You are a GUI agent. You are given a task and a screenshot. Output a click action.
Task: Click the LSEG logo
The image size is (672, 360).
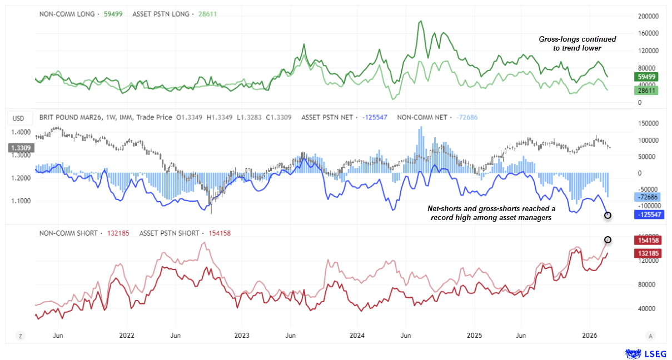click(646, 353)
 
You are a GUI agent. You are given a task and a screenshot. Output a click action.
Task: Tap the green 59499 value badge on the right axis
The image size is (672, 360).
click(646, 77)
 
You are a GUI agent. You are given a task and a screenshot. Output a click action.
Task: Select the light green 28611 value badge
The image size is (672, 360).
click(646, 89)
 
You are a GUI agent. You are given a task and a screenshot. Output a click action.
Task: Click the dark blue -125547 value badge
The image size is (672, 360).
click(648, 214)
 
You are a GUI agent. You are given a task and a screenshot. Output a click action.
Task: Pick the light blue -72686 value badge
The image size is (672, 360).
click(646, 197)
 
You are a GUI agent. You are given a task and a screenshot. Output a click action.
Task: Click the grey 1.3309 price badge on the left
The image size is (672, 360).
click(21, 148)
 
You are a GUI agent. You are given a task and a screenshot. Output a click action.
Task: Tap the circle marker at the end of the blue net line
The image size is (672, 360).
click(608, 215)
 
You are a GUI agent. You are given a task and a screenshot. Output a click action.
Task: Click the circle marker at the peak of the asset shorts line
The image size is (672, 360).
click(608, 239)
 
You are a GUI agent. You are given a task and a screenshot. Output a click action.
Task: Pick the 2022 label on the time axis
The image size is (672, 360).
click(127, 336)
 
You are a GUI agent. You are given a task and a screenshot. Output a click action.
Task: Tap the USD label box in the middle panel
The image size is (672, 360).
click(18, 118)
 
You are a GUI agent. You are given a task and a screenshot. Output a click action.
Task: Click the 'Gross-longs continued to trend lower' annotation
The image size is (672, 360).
click(578, 44)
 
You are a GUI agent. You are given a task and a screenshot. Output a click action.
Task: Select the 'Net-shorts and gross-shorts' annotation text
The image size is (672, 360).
click(491, 213)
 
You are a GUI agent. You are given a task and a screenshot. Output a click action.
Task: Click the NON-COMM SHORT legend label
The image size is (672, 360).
click(68, 233)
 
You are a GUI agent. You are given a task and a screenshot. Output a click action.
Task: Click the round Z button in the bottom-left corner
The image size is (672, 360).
click(21, 336)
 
